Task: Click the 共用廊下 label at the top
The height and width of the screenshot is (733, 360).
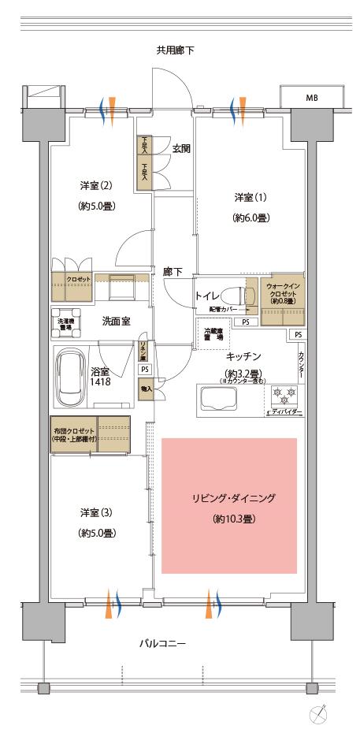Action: (175, 51)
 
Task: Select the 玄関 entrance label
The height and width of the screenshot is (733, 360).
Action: (182, 148)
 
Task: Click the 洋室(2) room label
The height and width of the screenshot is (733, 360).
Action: (95, 186)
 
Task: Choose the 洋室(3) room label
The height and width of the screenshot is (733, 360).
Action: (95, 512)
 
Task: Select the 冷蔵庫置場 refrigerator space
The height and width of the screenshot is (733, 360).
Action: (213, 333)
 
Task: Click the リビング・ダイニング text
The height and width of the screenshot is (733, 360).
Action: (228, 499)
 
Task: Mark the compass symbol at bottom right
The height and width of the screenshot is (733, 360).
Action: (319, 714)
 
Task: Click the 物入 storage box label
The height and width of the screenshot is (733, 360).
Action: (146, 389)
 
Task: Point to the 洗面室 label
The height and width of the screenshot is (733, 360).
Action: (116, 322)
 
